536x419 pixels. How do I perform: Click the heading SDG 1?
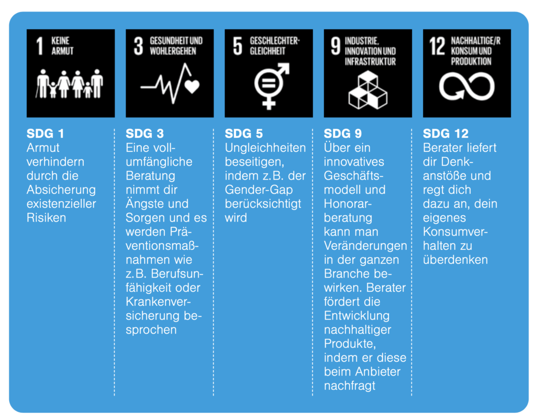[45, 134]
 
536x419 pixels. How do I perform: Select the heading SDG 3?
[144, 134]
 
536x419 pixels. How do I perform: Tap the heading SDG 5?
[244, 134]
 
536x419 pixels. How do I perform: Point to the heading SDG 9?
[342, 134]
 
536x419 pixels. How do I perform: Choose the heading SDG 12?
[446, 134]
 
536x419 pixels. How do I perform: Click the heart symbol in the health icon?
[192, 86]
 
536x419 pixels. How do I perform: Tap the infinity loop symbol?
[466, 86]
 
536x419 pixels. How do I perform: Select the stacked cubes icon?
[368, 90]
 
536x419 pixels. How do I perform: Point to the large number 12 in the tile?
[437, 46]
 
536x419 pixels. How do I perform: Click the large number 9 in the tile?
[336, 46]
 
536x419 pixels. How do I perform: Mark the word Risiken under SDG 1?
[46, 217]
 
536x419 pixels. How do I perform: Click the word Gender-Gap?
[259, 190]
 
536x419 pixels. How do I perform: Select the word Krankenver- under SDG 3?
[158, 302]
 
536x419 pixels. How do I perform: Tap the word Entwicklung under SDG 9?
[356, 316]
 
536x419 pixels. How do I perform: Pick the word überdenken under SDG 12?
[455, 260]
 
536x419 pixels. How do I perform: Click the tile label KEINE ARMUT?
[62, 46]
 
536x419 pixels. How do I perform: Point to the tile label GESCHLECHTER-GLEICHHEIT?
[274, 46]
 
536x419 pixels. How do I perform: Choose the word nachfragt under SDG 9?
[349, 386]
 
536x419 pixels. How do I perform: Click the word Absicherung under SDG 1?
[61, 190]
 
